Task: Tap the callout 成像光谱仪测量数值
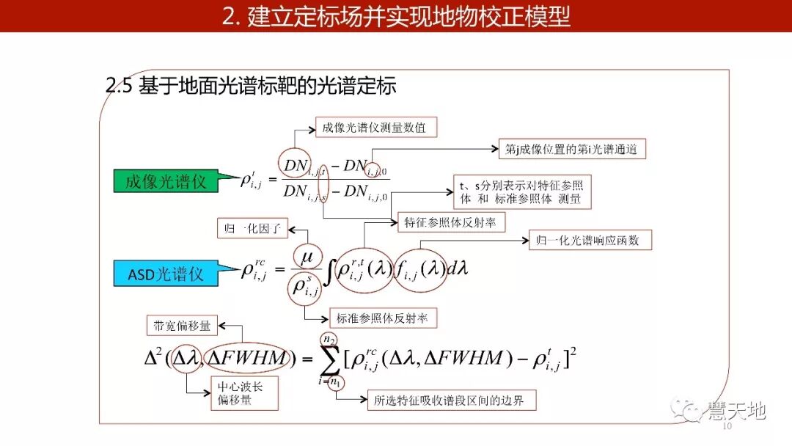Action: pos(375,128)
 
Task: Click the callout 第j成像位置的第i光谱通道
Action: pos(571,150)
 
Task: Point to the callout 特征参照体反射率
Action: pos(450,222)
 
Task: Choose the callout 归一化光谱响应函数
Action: pos(590,240)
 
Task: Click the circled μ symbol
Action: pos(307,257)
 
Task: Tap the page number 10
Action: pos(727,426)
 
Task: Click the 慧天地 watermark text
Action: pos(736,410)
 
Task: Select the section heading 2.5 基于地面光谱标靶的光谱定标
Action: pos(251,87)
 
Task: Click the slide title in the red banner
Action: pos(396,16)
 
